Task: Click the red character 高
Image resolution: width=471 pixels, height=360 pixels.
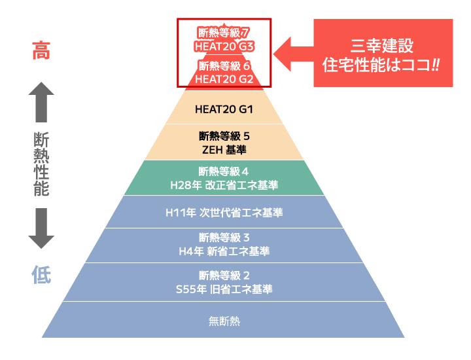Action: point(41,51)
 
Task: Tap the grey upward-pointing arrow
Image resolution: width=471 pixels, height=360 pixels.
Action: point(41,101)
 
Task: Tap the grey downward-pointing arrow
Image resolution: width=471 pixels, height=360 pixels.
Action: point(41,228)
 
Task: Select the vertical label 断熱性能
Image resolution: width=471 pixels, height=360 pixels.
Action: point(41,164)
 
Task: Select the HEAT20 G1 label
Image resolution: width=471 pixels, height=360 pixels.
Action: point(224,109)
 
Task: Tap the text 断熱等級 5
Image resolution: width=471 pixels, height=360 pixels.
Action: point(224,136)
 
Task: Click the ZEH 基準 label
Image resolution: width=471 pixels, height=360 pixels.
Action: point(224,150)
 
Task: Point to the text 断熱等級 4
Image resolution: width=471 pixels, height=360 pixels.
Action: point(224,172)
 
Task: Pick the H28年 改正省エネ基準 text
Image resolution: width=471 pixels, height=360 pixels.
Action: point(224,186)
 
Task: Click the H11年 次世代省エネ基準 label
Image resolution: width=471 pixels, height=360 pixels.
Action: point(224,213)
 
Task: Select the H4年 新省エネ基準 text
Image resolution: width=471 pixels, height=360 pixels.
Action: point(224,251)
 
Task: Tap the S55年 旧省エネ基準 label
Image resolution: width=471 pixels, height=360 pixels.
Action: point(224,289)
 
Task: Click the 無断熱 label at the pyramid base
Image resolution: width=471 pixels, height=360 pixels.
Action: point(224,321)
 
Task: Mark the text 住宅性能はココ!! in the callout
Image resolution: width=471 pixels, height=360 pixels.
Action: point(382,65)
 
